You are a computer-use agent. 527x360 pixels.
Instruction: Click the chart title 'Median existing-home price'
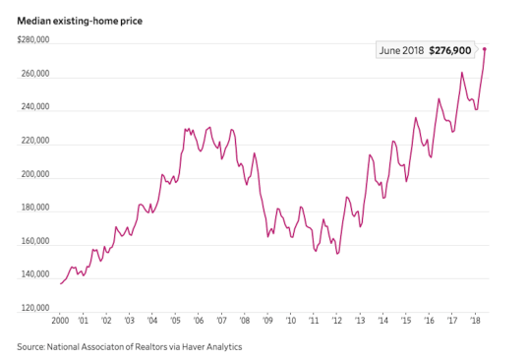(x=80, y=22)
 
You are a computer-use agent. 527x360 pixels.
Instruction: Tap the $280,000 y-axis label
(x=33, y=39)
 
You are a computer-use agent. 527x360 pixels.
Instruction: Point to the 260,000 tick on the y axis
(x=35, y=73)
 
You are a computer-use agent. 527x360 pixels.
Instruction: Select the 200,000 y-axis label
(x=35, y=174)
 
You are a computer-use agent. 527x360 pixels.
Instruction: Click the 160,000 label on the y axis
(x=35, y=241)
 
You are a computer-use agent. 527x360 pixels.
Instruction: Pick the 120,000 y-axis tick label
(x=35, y=308)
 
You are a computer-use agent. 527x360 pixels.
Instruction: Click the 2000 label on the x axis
(x=60, y=321)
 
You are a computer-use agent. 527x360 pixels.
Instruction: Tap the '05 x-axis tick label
(x=175, y=321)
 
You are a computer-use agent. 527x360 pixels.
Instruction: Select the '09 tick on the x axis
(x=267, y=321)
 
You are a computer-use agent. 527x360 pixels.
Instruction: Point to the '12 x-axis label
(x=336, y=321)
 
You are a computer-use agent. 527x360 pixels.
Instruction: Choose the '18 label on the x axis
(x=475, y=321)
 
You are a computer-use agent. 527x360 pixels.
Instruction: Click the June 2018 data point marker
(x=485, y=49)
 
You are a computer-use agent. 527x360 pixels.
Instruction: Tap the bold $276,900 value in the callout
(x=450, y=50)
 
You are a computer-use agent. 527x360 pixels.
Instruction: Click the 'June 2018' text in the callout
(x=401, y=50)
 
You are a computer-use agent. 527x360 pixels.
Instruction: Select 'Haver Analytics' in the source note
(x=211, y=347)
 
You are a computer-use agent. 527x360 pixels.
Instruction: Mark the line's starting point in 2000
(x=61, y=283)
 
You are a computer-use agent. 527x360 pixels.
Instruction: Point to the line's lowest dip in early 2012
(x=337, y=254)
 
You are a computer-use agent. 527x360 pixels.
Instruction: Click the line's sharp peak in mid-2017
(x=462, y=73)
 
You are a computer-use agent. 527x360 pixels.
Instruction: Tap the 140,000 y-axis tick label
(x=35, y=274)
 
